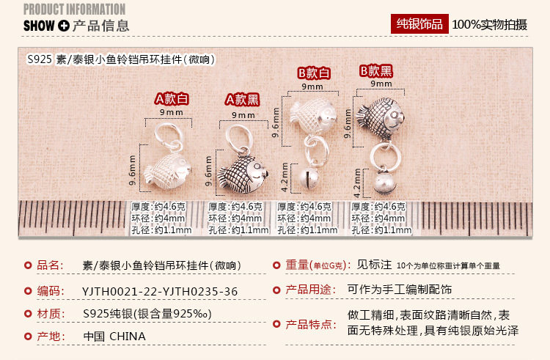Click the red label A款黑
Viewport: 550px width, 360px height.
[x=243, y=99]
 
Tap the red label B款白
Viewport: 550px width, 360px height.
[x=314, y=73]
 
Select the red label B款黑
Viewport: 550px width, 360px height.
[x=376, y=71]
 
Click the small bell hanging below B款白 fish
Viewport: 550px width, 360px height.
[x=312, y=178]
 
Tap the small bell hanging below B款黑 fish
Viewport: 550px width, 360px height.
[x=381, y=181]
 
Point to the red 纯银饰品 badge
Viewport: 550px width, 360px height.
[x=419, y=24]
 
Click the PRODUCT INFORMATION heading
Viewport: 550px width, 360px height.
[x=74, y=9]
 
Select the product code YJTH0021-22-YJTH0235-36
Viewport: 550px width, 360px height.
[x=160, y=290]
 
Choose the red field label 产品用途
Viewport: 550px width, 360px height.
[x=306, y=290]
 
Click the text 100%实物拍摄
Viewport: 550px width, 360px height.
[x=489, y=25]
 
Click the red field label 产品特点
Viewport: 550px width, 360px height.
[x=306, y=323]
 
